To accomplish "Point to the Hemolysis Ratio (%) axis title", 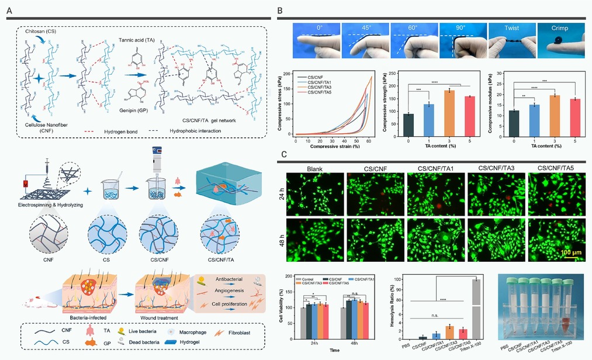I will pos(399,306).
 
